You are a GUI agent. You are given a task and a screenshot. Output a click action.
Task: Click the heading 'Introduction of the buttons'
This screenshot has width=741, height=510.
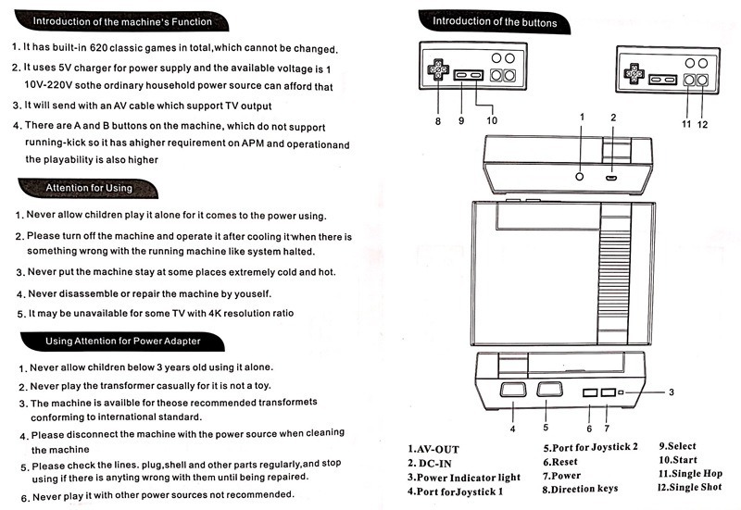click(495, 20)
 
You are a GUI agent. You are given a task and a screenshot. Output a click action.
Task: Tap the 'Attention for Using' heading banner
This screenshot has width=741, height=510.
click(90, 188)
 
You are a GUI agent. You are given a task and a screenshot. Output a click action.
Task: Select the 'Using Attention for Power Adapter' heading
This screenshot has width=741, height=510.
click(122, 342)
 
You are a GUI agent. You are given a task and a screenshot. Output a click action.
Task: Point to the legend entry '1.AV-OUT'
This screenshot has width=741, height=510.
click(433, 450)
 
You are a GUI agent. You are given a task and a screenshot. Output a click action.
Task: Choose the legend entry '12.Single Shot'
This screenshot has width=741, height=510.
click(690, 488)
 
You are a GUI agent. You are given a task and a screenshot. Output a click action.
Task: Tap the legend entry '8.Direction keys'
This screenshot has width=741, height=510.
click(592, 489)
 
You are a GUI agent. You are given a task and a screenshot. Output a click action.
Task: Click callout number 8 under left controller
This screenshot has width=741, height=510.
click(437, 120)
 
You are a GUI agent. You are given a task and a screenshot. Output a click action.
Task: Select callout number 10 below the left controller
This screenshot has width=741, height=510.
click(491, 119)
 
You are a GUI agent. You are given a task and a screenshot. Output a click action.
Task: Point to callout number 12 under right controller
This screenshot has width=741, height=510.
click(703, 124)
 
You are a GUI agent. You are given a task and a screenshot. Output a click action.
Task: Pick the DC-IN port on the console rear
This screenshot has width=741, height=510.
click(612, 176)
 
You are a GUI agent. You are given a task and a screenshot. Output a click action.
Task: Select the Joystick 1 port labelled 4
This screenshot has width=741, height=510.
click(511, 392)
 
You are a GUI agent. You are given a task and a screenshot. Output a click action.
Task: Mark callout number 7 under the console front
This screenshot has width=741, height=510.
click(607, 428)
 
